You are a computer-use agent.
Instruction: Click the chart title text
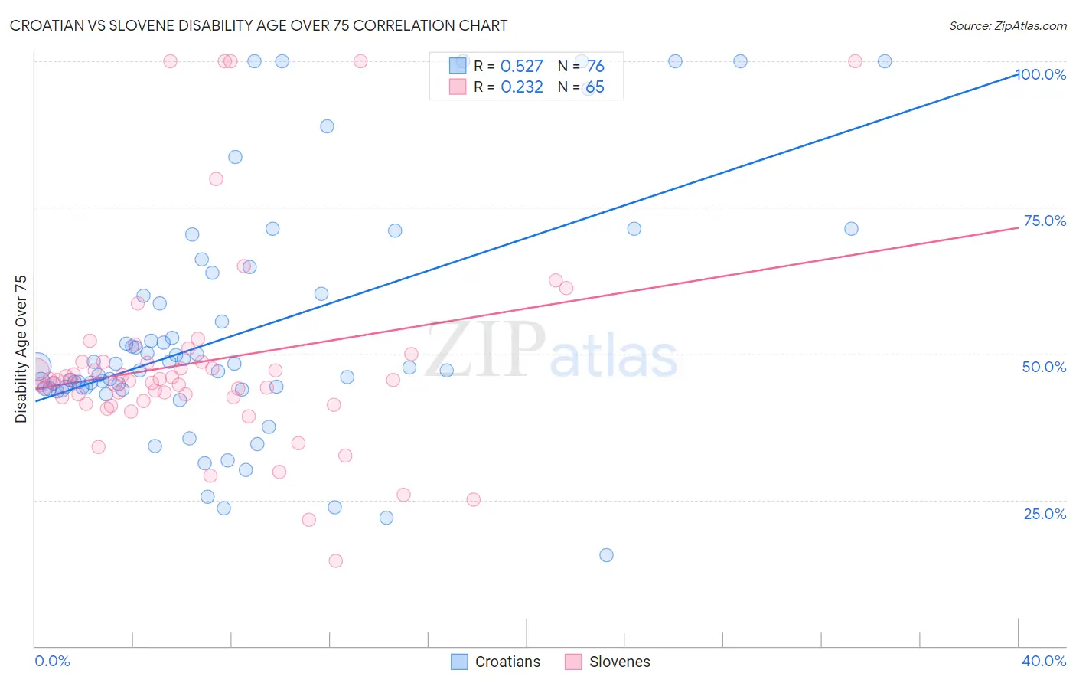pyautogui.click(x=259, y=25)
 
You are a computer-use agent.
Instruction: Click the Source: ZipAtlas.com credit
pyautogui.click(x=1007, y=26)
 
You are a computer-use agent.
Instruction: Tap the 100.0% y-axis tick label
pyautogui.click(x=1041, y=74)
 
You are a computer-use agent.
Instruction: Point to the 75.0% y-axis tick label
pyautogui.click(x=1045, y=221)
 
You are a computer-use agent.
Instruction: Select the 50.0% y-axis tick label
pyautogui.click(x=1044, y=367)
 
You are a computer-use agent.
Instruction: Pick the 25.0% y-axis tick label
pyautogui.click(x=1045, y=513)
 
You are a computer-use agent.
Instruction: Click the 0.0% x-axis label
pyautogui.click(x=52, y=661)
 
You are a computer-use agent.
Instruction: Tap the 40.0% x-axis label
pyautogui.click(x=1044, y=661)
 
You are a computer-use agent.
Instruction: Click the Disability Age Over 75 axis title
pyautogui.click(x=21, y=349)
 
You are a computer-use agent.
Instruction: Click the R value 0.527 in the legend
pyautogui.click(x=521, y=67)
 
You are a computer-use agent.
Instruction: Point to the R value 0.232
pyautogui.click(x=521, y=87)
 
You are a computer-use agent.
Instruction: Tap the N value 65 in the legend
pyautogui.click(x=595, y=87)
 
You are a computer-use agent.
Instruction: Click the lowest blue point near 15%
pyautogui.click(x=606, y=555)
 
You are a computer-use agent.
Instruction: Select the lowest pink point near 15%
pyautogui.click(x=335, y=560)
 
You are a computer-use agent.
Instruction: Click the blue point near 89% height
pyautogui.click(x=327, y=126)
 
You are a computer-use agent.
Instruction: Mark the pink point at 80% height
pyautogui.click(x=216, y=179)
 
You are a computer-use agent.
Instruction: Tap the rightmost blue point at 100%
pyautogui.click(x=884, y=61)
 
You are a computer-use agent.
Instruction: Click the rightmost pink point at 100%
pyautogui.click(x=855, y=61)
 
